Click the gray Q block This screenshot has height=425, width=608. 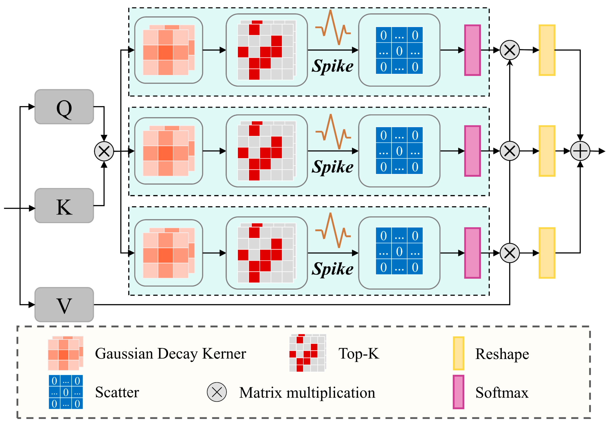pyautogui.click(x=64, y=107)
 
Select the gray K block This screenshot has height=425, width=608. pyautogui.click(x=64, y=206)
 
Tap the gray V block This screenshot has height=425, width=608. pyautogui.click(x=64, y=305)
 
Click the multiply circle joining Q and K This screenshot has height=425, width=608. pyautogui.click(x=104, y=151)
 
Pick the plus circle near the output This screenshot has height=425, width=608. pyautogui.click(x=580, y=151)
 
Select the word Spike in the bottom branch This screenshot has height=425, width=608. pyautogui.click(x=332, y=269)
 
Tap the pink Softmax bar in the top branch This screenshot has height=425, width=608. pyautogui.click(x=472, y=50)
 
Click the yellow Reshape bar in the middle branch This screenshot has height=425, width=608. pyautogui.click(x=547, y=151)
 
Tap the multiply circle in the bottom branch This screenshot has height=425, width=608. pyautogui.click(x=509, y=253)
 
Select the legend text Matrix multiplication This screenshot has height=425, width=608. pyautogui.click(x=307, y=392)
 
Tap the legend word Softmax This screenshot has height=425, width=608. pyautogui.click(x=502, y=392)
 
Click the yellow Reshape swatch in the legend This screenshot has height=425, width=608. pyautogui.click(x=458, y=353)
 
